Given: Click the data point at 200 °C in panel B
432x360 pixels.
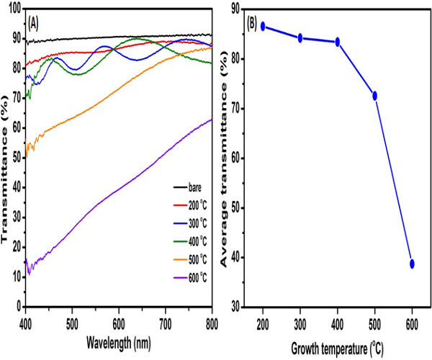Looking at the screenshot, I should (x=264, y=26).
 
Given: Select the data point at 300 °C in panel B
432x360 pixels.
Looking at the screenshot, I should (x=300, y=37).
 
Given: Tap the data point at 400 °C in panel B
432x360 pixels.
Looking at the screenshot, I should (x=337, y=42).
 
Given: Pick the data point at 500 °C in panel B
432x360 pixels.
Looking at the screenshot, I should (x=374, y=96).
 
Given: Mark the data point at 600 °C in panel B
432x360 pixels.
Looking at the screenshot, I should (x=412, y=264).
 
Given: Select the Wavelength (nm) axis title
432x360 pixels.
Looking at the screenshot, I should (x=118, y=337).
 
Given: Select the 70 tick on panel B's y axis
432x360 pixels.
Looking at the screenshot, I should (x=233, y=108).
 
